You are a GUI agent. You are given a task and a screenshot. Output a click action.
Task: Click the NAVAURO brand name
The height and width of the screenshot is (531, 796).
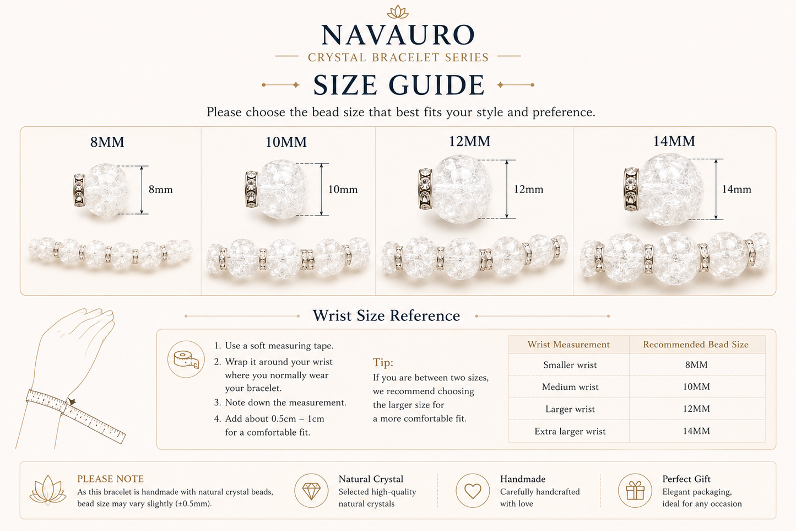coord(398,35)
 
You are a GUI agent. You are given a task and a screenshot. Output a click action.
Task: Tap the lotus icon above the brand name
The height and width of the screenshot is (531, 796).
coord(398,12)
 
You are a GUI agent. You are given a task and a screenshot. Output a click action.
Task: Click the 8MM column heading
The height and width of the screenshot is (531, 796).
coord(107,142)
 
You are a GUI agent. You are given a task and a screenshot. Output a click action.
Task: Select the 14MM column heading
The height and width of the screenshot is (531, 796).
coord(674,141)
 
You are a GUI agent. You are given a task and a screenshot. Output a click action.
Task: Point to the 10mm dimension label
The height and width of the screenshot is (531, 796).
coord(343,189)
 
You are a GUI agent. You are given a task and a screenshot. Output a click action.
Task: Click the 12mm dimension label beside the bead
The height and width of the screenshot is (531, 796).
coord(528,189)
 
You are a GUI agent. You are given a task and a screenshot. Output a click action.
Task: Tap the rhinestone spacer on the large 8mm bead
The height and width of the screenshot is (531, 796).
coord(79,190)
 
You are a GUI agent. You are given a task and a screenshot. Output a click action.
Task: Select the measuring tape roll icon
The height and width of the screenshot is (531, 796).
coord(186,359)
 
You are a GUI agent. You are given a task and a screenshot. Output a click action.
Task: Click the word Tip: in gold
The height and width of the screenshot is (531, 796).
coord(383,362)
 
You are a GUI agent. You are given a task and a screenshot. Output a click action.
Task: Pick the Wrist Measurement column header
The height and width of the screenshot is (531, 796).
coord(568,344)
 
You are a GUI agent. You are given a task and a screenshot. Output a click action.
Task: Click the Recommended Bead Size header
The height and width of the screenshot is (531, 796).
coord(696,344)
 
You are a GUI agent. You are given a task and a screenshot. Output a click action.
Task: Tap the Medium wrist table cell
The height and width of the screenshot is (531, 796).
coord(570,387)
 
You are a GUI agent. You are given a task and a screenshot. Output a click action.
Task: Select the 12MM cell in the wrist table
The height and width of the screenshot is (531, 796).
coord(696,409)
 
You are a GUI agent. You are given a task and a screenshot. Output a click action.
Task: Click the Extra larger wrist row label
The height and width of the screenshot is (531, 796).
coord(570,431)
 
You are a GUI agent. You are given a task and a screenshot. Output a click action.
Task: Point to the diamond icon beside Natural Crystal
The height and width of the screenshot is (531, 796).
coord(311,491)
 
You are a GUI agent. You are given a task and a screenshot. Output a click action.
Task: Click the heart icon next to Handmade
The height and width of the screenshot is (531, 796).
coord(473,491)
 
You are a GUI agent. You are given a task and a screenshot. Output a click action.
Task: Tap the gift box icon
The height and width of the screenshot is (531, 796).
coord(635,490)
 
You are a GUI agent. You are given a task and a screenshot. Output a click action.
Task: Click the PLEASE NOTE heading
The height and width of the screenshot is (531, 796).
coord(111,479)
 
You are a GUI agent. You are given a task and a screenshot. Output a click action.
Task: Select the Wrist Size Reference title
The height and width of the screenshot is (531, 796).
coord(386,315)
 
